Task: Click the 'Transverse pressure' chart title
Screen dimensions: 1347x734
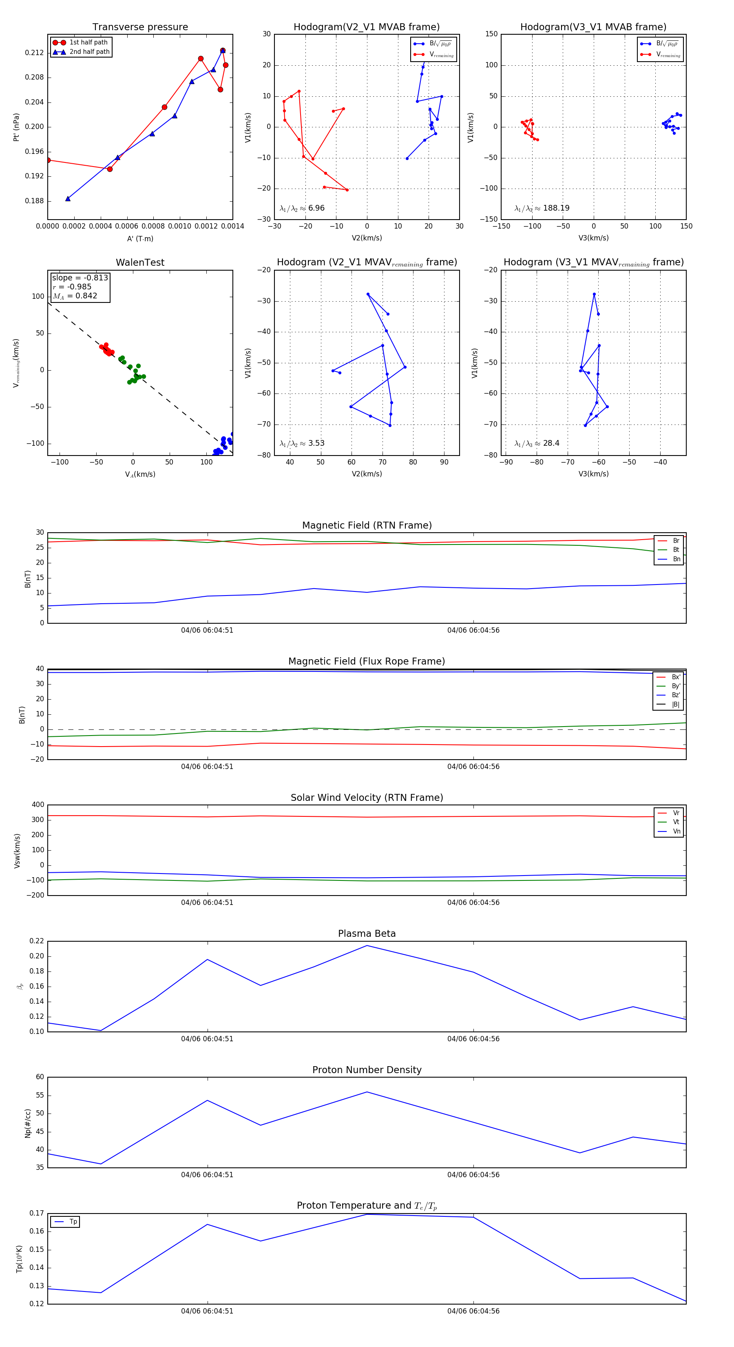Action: tap(140, 27)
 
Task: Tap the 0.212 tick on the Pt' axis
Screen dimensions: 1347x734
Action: tap(35, 53)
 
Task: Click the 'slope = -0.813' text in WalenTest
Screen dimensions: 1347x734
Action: tap(80, 278)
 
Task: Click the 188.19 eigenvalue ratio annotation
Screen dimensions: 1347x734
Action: tap(542, 208)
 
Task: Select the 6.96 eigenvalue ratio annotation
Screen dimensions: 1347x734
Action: tap(302, 208)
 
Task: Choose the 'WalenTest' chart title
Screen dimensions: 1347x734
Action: tap(140, 262)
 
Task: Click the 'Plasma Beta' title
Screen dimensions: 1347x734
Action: tap(367, 934)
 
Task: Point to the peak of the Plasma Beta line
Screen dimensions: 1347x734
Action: tap(367, 945)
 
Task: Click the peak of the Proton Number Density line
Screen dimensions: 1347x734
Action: tap(367, 1092)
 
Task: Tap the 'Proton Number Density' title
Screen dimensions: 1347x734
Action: tap(367, 1070)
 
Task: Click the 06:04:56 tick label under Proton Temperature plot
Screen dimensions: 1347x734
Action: tap(473, 1311)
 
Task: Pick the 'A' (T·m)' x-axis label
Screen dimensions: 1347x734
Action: tap(140, 238)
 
